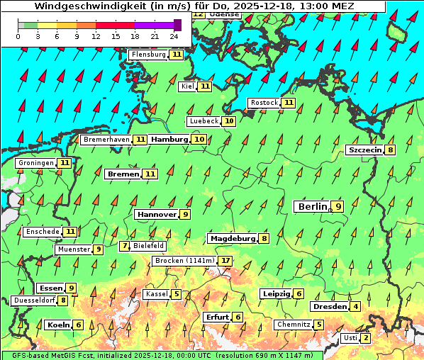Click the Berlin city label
[312, 206]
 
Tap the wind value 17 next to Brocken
[225, 261]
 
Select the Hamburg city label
[169, 140]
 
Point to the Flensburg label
[149, 55]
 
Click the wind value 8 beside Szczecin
[390, 150]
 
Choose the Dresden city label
[329, 307]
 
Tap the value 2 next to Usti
[365, 338]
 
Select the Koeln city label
[57, 325]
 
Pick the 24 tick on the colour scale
[174, 35]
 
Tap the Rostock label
[264, 103]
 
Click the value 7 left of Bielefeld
[125, 246]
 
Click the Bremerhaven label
[106, 140]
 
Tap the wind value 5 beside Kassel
[176, 294]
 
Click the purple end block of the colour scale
[177, 25]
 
